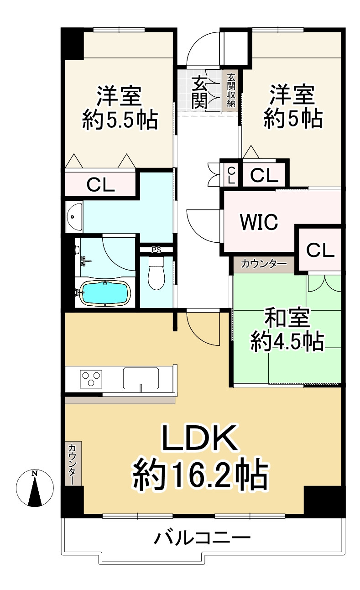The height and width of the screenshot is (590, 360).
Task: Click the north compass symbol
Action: click(35, 488)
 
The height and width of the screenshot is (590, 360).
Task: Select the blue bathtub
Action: click(105, 292)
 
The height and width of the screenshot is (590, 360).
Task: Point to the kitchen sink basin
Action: click(141, 378)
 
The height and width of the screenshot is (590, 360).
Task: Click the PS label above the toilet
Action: click(156, 250)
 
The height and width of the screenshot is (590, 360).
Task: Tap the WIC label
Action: click(259, 222)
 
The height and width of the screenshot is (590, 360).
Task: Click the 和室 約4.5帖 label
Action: click(287, 330)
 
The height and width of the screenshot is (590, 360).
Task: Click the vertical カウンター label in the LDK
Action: click(73, 464)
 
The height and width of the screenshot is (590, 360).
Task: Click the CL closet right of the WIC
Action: click(320, 249)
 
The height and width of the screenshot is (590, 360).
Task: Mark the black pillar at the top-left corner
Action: click(72, 43)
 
